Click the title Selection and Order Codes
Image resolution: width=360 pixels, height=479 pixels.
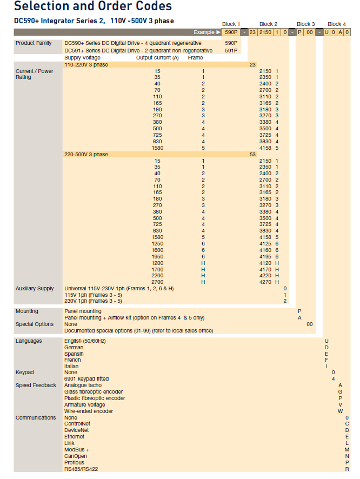click(92, 6)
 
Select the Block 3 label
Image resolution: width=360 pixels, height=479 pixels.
click(305, 24)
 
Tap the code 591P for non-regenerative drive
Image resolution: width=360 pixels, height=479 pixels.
click(231, 50)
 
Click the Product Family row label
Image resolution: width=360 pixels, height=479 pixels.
click(34, 43)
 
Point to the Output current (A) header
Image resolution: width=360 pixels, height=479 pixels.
click(157, 57)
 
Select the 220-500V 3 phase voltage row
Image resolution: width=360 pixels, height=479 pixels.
click(86, 155)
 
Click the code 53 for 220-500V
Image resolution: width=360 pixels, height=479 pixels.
click(252, 155)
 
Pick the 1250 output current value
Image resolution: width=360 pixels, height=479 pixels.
click(157, 244)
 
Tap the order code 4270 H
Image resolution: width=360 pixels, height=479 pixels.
click(269, 282)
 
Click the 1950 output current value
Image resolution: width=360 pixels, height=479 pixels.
click(157, 256)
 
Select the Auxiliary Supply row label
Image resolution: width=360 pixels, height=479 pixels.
click(35, 289)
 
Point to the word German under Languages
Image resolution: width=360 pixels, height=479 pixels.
click(74, 348)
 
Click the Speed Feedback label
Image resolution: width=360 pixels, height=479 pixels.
click(36, 385)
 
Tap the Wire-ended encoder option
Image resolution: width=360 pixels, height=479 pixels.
click(89, 411)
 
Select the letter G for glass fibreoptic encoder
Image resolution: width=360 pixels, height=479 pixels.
click(340, 392)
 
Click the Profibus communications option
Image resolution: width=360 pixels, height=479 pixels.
click(74, 463)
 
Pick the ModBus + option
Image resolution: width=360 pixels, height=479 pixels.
click(77, 450)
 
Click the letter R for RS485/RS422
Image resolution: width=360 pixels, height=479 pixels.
click(347, 469)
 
